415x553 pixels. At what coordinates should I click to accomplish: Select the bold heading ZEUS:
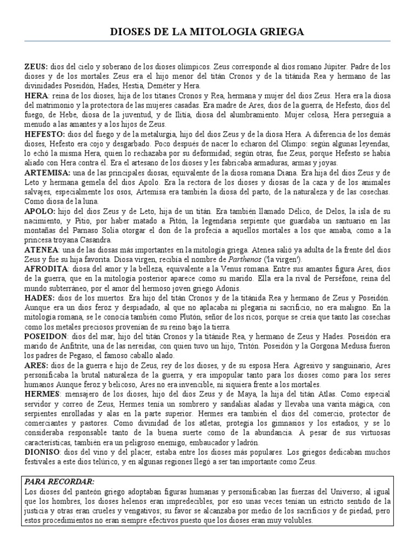coord(36,66)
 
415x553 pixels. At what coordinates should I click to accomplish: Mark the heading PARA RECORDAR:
coord(60,481)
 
